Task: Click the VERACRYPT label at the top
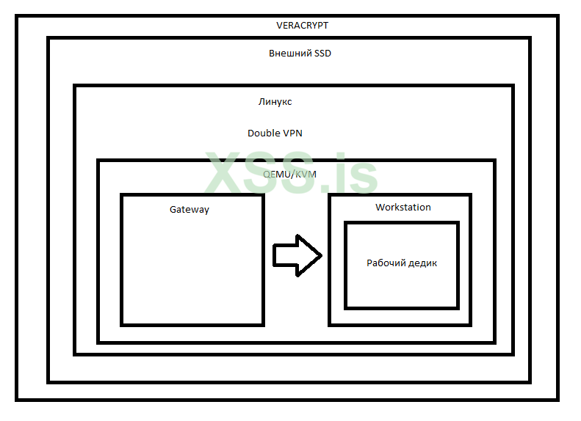pyautogui.click(x=302, y=25)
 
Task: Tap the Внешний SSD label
pyautogui.click(x=300, y=54)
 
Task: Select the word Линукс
pyautogui.click(x=275, y=102)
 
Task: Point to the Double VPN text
pyautogui.click(x=275, y=133)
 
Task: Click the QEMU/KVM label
pyautogui.click(x=289, y=174)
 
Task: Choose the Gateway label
pyautogui.click(x=190, y=209)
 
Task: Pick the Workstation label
pyautogui.click(x=403, y=208)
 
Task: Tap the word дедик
pyautogui.click(x=422, y=263)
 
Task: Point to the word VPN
pyautogui.click(x=292, y=133)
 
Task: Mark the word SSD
pyautogui.click(x=322, y=54)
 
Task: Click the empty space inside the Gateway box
pyautogui.click(x=192, y=271)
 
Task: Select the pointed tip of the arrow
pyautogui.click(x=320, y=255)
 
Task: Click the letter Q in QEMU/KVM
pyautogui.click(x=267, y=174)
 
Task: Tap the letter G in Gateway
pyautogui.click(x=173, y=209)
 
